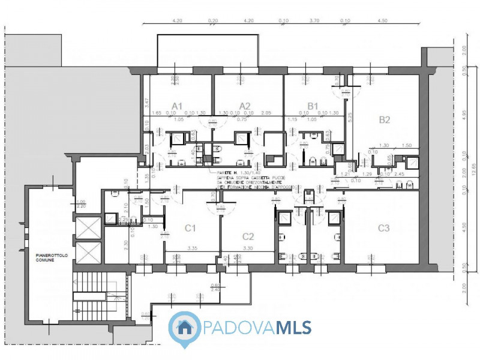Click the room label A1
coord(177,106)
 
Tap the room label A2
coord(245,106)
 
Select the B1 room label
coord(313,106)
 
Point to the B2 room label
coord(385,119)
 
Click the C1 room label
coord(191,227)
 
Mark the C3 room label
coord(384,227)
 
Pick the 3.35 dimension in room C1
coord(192,247)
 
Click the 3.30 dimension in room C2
coord(247,247)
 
